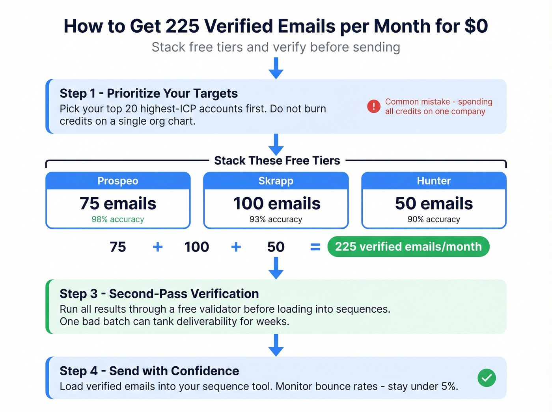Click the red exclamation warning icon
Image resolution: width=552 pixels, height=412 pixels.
(x=373, y=106)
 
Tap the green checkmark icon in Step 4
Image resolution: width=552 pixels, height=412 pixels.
(x=487, y=378)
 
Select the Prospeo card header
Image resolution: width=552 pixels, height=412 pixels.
(x=118, y=181)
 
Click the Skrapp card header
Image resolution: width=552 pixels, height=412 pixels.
(x=276, y=181)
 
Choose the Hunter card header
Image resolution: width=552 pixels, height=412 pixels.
(x=434, y=181)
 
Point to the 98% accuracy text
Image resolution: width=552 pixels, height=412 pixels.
(x=118, y=219)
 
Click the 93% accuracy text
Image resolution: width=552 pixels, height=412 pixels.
(x=276, y=219)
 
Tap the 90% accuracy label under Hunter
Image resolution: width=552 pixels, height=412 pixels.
(x=434, y=219)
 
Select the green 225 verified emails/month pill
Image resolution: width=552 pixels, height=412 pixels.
(x=408, y=247)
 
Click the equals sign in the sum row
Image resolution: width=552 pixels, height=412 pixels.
(x=315, y=247)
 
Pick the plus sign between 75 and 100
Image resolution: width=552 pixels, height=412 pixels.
(x=158, y=247)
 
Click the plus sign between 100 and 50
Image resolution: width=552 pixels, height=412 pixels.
(x=236, y=247)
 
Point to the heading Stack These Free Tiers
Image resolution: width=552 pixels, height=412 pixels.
(x=277, y=160)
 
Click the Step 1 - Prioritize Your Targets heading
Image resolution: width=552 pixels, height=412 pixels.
(x=149, y=93)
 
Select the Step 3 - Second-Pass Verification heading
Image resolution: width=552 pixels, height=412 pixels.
(x=159, y=294)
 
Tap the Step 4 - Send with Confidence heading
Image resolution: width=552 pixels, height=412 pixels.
(x=149, y=371)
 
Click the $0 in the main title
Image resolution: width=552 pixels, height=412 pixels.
(x=476, y=26)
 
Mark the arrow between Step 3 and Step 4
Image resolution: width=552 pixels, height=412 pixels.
(x=276, y=345)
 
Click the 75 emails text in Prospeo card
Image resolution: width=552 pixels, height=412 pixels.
(x=118, y=203)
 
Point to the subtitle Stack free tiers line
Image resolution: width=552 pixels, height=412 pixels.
(x=276, y=47)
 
